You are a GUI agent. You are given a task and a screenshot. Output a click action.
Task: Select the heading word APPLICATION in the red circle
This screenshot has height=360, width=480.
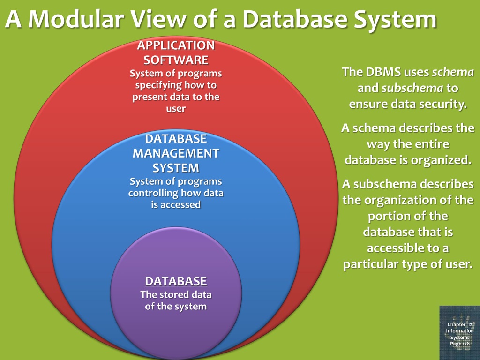tap(176, 45)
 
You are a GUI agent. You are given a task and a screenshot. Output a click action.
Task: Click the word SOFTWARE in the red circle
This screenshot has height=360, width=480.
tap(176, 60)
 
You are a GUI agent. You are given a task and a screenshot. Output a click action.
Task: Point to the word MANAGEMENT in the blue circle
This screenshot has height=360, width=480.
tap(176, 153)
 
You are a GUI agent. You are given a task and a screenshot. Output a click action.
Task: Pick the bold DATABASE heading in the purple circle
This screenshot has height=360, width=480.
tap(176, 281)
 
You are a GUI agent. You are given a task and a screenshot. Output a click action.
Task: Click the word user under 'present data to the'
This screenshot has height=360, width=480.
tap(176, 109)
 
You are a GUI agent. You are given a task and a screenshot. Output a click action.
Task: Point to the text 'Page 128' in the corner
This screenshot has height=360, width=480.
tap(459, 344)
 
